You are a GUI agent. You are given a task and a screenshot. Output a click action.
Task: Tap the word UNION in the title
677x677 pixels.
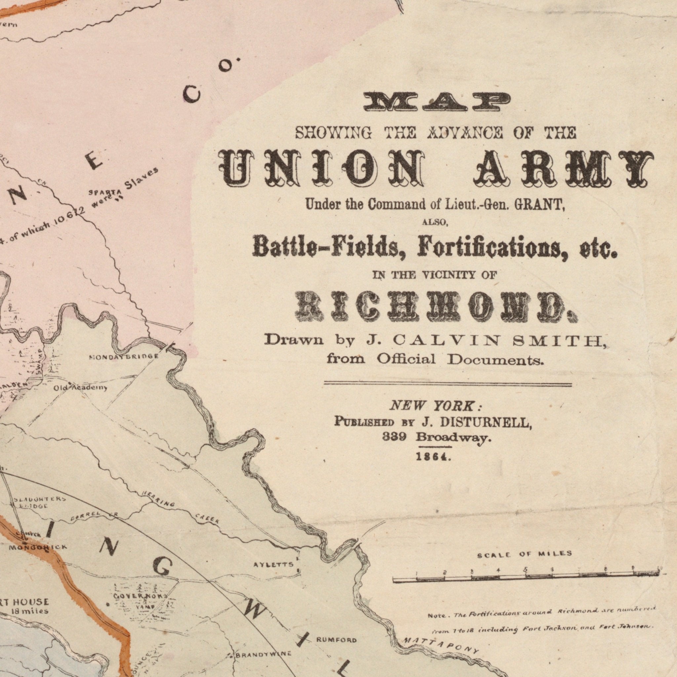(x=322, y=168)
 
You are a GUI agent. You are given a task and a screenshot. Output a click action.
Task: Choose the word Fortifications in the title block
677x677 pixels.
(x=494, y=249)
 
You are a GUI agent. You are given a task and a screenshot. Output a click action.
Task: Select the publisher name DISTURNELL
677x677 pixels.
(x=486, y=423)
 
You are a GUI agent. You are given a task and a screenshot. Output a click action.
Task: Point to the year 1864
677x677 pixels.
(x=433, y=457)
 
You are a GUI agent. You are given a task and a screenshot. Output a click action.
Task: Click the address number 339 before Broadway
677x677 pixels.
(x=394, y=437)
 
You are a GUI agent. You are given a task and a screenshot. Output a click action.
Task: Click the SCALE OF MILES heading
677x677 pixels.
(x=525, y=554)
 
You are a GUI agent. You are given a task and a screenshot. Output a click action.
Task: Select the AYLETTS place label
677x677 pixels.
(x=273, y=565)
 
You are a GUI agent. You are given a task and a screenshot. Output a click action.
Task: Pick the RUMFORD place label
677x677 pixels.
(x=337, y=640)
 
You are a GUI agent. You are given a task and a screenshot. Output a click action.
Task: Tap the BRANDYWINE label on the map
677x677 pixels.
(x=263, y=654)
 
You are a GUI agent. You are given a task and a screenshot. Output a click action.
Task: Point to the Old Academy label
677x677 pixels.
(x=81, y=387)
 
